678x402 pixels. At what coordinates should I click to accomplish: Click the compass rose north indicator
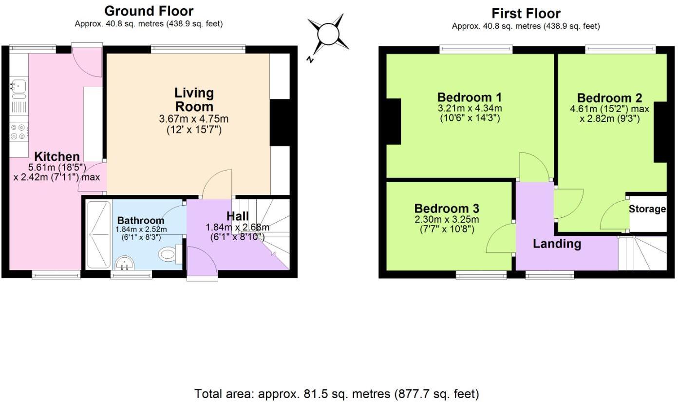(x=328, y=36)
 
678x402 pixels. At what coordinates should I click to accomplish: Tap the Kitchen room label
(x=56, y=156)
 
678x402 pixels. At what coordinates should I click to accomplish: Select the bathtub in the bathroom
(x=99, y=234)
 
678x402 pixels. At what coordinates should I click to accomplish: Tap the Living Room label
(x=194, y=99)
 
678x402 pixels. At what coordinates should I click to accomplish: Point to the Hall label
(x=237, y=216)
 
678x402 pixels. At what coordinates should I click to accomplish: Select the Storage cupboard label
(x=647, y=209)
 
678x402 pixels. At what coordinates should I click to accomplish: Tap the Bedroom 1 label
(x=470, y=96)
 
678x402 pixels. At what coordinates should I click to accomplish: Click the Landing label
(x=557, y=243)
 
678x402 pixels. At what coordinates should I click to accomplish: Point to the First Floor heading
(x=526, y=13)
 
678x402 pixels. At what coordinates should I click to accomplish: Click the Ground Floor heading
(x=149, y=11)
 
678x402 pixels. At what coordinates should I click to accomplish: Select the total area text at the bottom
(x=337, y=393)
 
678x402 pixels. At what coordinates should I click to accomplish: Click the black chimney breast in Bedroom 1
(x=394, y=121)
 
